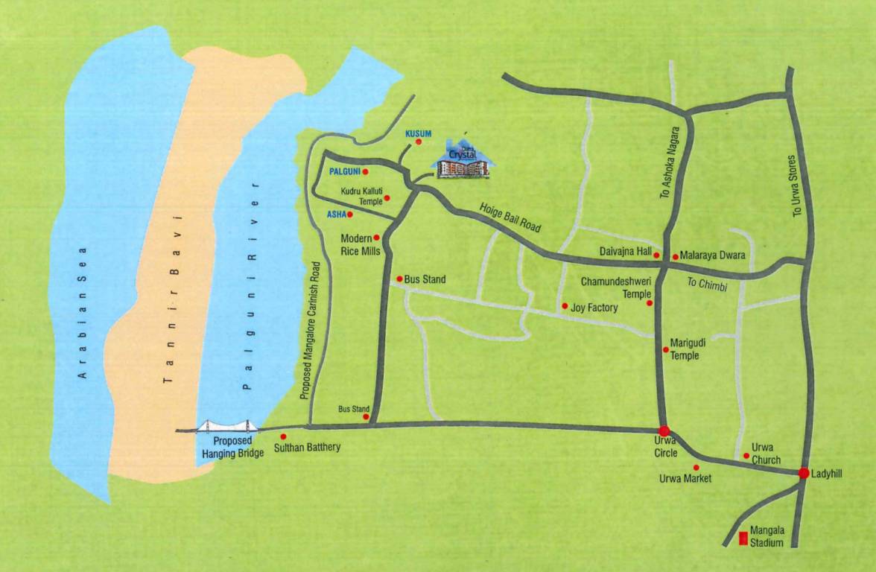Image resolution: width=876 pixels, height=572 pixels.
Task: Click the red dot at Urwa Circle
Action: pyautogui.click(x=664, y=430)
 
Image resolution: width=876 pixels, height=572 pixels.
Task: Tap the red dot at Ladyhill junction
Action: pyautogui.click(x=804, y=473)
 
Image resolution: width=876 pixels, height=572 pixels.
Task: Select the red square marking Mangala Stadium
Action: pyautogui.click(x=742, y=538)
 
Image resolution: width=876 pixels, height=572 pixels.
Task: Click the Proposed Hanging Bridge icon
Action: pyautogui.click(x=227, y=426)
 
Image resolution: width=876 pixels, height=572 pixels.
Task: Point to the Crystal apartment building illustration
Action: pyautogui.click(x=463, y=162)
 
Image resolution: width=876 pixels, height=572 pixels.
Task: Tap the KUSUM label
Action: pyautogui.click(x=418, y=133)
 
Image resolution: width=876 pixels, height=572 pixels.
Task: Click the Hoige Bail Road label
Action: pyautogui.click(x=510, y=217)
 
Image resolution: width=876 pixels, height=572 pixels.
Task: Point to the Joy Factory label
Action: pyautogui.click(x=594, y=307)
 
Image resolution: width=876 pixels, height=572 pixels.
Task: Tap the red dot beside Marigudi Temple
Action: pyautogui.click(x=665, y=349)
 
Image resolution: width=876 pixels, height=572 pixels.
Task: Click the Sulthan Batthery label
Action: pyautogui.click(x=307, y=447)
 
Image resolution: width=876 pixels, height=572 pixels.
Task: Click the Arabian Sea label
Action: pyautogui.click(x=83, y=312)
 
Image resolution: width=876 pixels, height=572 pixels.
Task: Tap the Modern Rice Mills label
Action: pyautogui.click(x=361, y=245)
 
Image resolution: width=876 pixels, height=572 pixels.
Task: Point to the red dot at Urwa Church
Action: pyautogui.click(x=746, y=456)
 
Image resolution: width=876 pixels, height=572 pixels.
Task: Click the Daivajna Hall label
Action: pyautogui.click(x=625, y=252)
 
